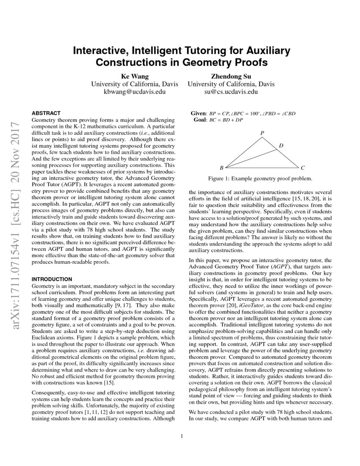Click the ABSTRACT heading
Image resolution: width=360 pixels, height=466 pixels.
click(46, 113)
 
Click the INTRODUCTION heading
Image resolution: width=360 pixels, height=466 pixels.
click(52, 279)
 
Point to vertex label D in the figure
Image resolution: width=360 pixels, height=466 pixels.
click(281, 146)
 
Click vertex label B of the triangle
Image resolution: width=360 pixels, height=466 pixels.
click(222, 168)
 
